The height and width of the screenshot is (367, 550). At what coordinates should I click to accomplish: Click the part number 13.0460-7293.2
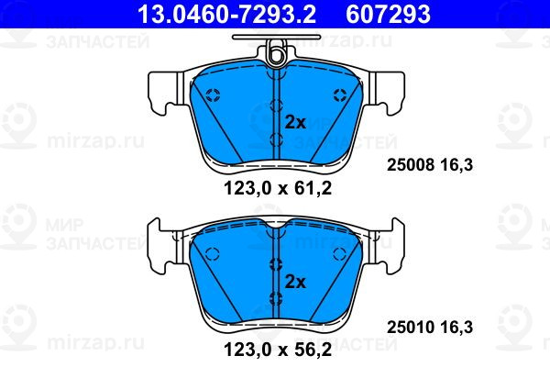pyautogui.click(x=226, y=14)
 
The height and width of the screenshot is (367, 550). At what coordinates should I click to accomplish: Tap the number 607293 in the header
pyautogui.click(x=388, y=14)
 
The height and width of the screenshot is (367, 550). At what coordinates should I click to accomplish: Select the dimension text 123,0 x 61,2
pyautogui.click(x=278, y=189)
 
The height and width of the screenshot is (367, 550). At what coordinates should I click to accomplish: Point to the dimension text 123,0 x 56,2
pyautogui.click(x=278, y=350)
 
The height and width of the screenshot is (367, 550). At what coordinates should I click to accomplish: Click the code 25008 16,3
pyautogui.click(x=430, y=165)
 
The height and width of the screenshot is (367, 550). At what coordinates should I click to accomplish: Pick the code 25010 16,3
pyautogui.click(x=430, y=327)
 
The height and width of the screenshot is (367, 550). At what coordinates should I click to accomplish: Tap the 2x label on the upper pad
pyautogui.click(x=295, y=123)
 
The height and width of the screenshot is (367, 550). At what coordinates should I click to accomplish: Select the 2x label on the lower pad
pyautogui.click(x=295, y=282)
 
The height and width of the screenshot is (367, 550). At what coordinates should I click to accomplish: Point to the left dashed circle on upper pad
pyautogui.click(x=213, y=95)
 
